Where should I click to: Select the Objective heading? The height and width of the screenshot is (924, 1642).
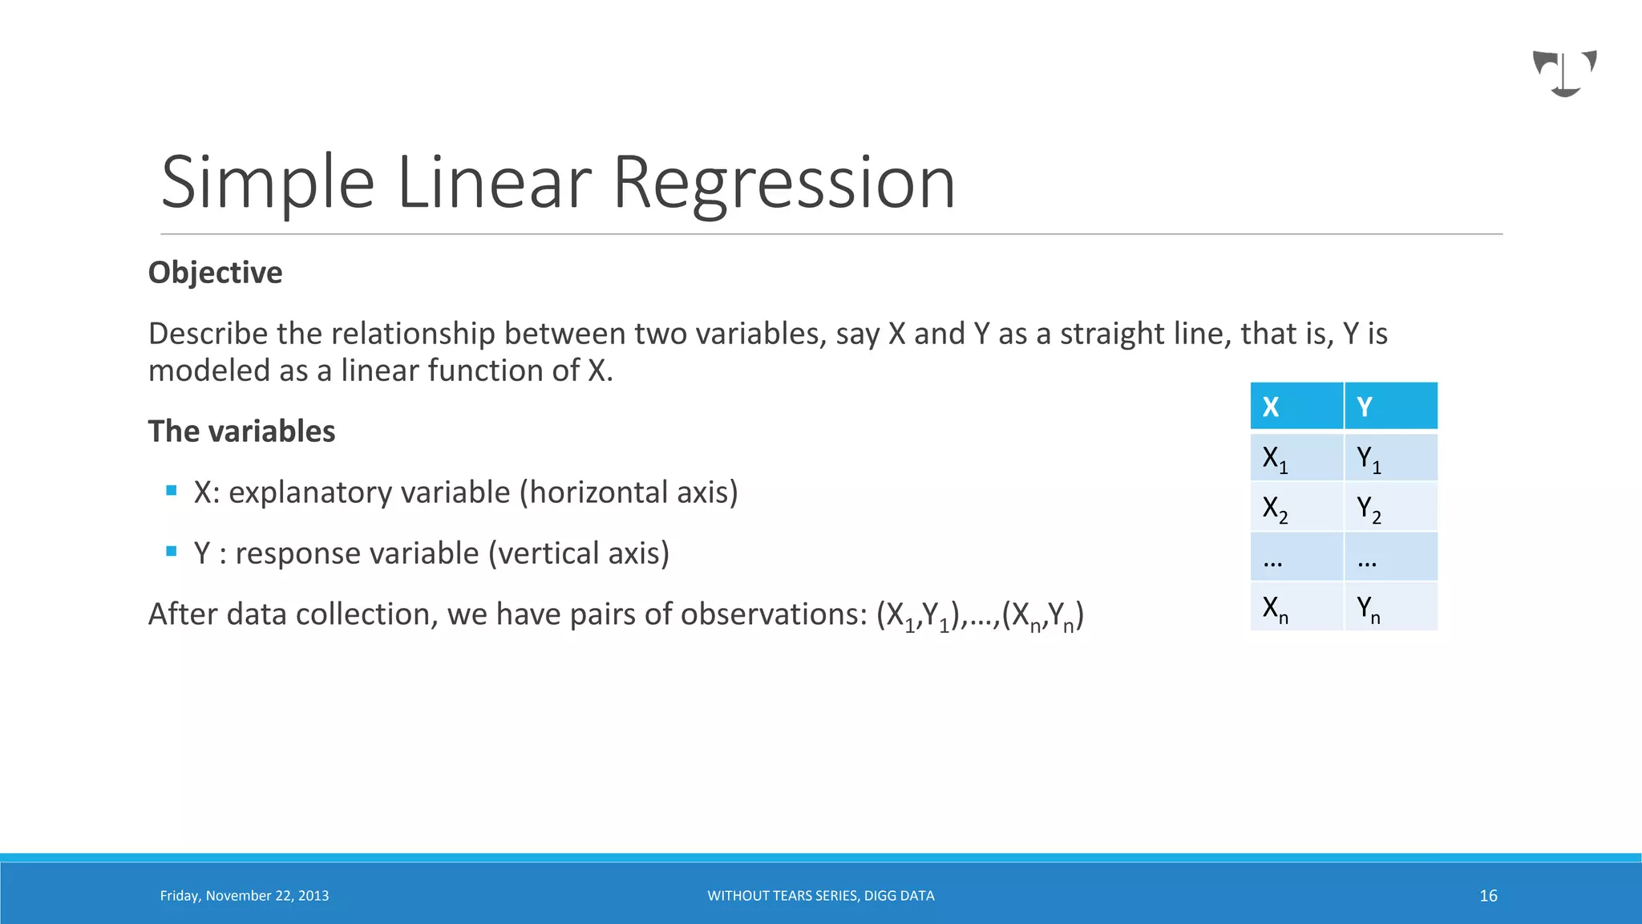point(215,273)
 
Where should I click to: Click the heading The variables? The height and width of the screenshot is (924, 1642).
point(241,432)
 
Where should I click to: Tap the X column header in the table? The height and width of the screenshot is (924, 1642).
point(1296,407)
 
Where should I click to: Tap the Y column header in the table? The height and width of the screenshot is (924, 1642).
point(1390,407)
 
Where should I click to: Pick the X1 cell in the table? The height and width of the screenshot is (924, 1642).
point(1296,458)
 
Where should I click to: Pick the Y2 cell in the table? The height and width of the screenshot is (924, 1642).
point(1390,508)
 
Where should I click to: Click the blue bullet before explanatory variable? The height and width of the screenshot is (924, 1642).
point(171,490)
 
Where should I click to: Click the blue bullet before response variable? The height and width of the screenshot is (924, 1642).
point(171,551)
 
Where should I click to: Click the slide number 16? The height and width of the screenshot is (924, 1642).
point(1488,896)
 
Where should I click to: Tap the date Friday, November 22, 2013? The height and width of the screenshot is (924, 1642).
point(244,896)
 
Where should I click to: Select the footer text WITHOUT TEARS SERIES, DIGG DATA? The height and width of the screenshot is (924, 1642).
point(820,896)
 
